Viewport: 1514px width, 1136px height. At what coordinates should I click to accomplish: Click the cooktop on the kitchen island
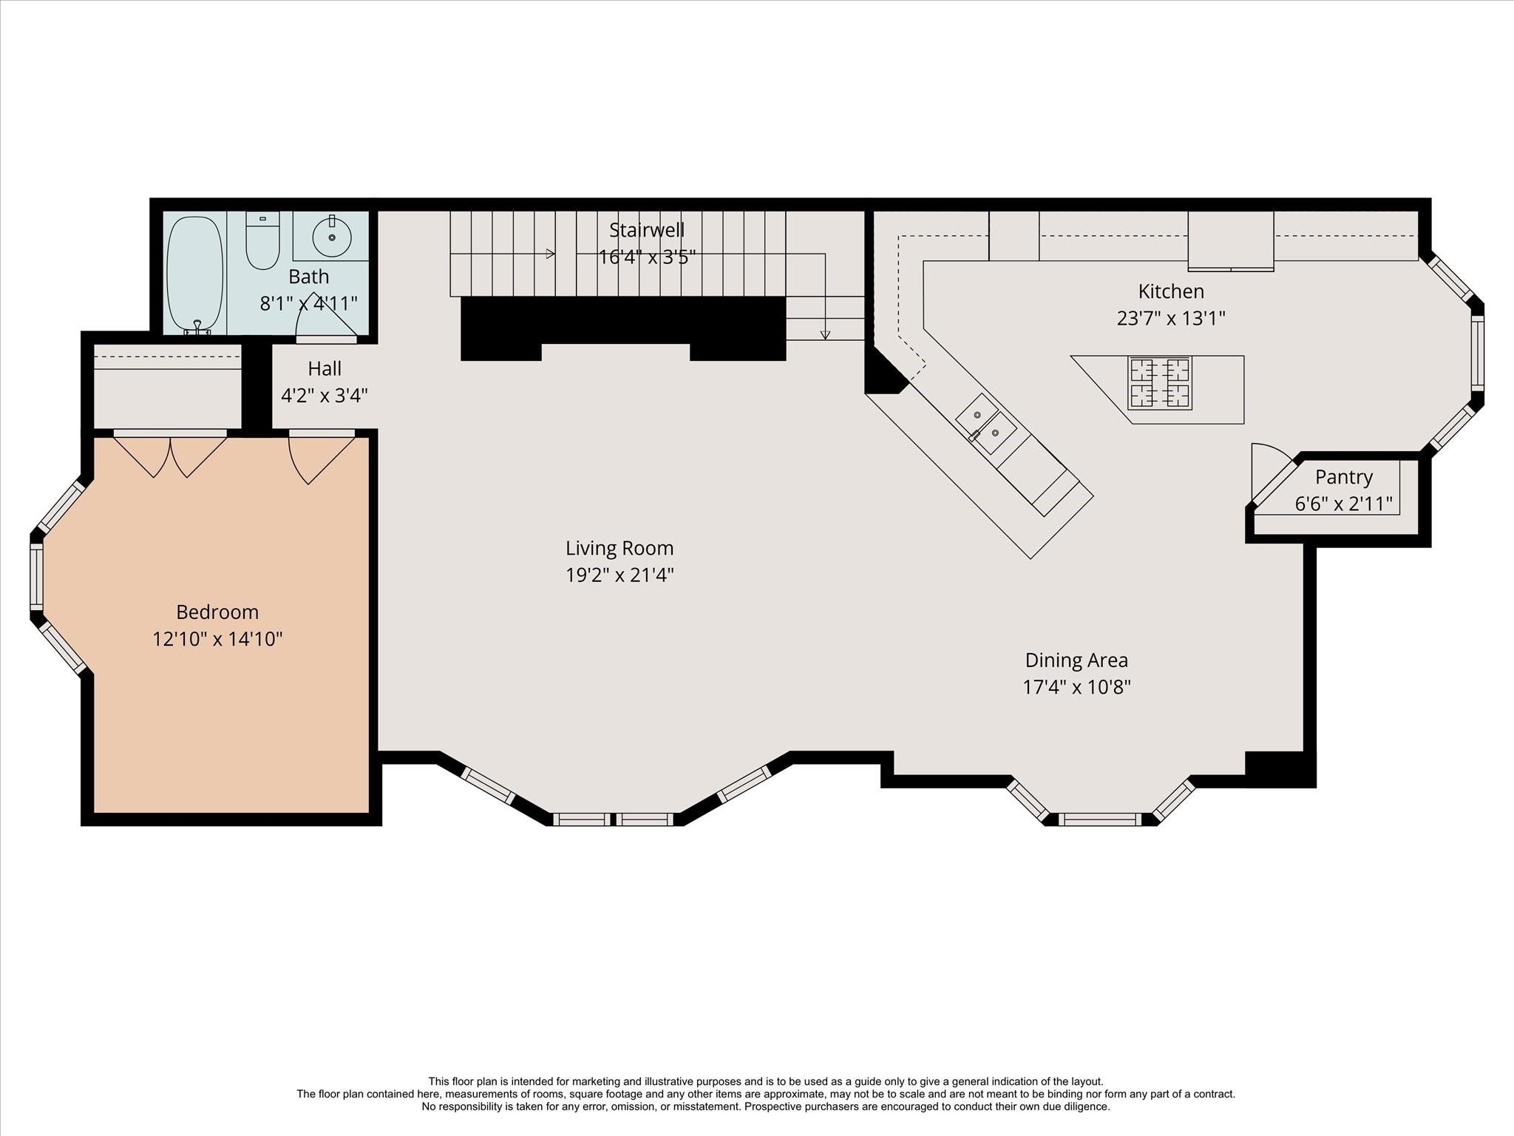pyautogui.click(x=1159, y=383)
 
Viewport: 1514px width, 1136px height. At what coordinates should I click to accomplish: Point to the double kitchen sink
pyautogui.click(x=985, y=425)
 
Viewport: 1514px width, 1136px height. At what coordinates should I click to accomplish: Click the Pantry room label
pyautogui.click(x=1343, y=477)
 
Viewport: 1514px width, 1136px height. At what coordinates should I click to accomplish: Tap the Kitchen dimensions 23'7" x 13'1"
pyautogui.click(x=1170, y=318)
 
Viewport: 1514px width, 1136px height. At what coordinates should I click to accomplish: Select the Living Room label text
pyautogui.click(x=619, y=548)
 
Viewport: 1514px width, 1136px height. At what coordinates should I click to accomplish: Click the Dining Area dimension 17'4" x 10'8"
pyautogui.click(x=1076, y=687)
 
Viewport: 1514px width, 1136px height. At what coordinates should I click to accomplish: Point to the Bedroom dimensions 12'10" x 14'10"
pyautogui.click(x=217, y=638)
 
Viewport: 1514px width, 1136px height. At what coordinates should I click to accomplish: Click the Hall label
pyautogui.click(x=325, y=368)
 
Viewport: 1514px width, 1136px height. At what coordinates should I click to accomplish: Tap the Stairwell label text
pyautogui.click(x=646, y=229)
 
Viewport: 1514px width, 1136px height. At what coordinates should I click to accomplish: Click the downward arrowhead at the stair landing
pyautogui.click(x=825, y=335)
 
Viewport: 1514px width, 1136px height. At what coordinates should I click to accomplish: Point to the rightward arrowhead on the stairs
pyautogui.click(x=550, y=254)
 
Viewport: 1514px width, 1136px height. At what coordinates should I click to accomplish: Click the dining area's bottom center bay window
pyautogui.click(x=1101, y=819)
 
